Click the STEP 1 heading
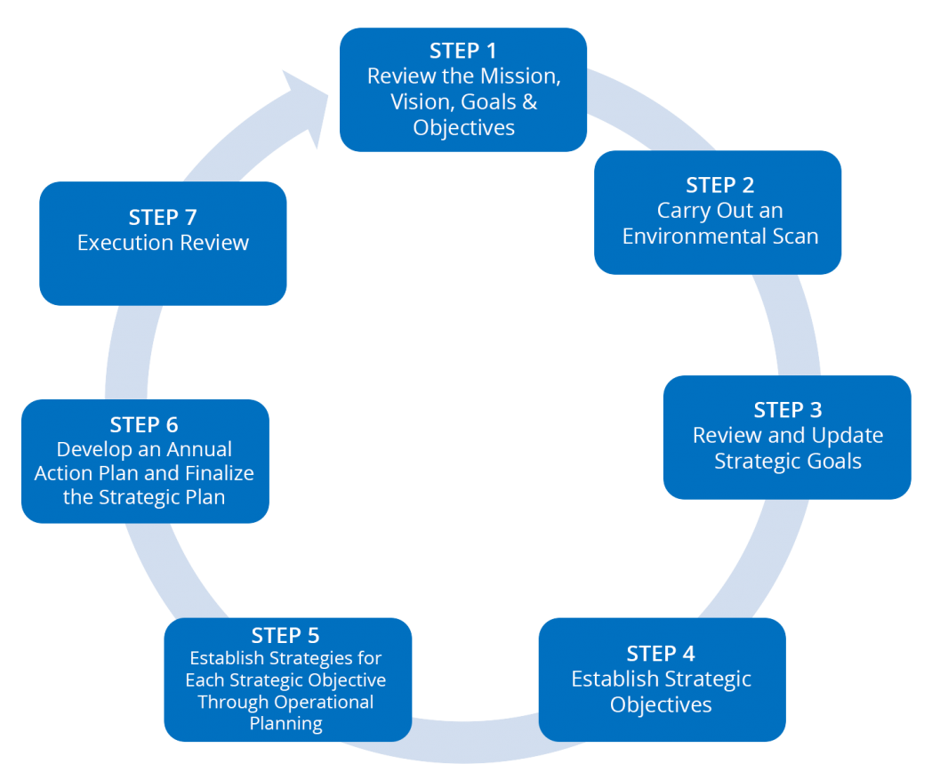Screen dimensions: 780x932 tap(463, 51)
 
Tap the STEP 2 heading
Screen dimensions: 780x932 tap(719, 185)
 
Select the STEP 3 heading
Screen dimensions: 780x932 tap(787, 410)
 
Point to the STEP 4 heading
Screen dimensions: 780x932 tap(662, 653)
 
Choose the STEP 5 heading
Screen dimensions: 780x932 tap(285, 635)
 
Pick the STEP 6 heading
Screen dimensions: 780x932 tap(144, 424)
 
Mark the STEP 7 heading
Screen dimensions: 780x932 tap(163, 217)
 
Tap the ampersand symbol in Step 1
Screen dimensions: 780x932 tap(529, 101)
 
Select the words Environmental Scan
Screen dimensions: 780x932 tap(719, 237)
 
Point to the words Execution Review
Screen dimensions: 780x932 tap(163, 243)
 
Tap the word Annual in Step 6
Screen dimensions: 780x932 tap(196, 450)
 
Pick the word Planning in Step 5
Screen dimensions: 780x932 tap(285, 723)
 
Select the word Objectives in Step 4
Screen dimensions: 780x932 tap(662, 704)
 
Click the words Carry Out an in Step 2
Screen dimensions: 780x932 tap(719, 211)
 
